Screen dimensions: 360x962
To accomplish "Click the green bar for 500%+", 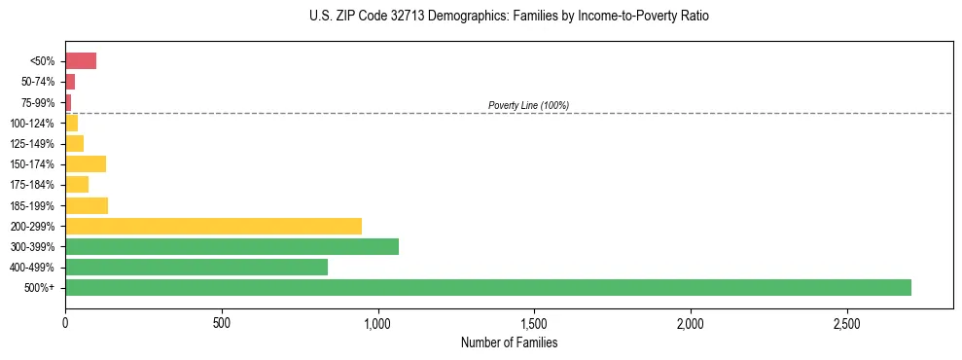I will (x=487, y=287).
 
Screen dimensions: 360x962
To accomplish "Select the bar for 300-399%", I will (x=232, y=246).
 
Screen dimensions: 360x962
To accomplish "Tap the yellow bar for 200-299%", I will (x=213, y=226).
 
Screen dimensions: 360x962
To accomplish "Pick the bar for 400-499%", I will (x=196, y=267).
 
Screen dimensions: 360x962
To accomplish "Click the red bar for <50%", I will (x=81, y=61).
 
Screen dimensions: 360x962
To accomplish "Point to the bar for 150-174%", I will (x=86, y=163).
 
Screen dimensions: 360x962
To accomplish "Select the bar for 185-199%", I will (x=87, y=205).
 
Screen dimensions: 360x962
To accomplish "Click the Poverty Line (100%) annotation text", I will (x=528, y=105).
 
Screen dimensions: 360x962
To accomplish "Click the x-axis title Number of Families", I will (x=509, y=342).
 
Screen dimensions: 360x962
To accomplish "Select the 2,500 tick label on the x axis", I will (x=846, y=321).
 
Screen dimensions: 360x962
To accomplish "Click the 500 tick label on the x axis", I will (x=222, y=321).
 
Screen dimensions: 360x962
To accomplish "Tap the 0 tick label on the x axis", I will (x=65, y=321).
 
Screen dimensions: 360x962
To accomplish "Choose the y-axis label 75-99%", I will (x=40, y=103).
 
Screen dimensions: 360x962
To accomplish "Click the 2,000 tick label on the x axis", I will (x=690, y=321).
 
